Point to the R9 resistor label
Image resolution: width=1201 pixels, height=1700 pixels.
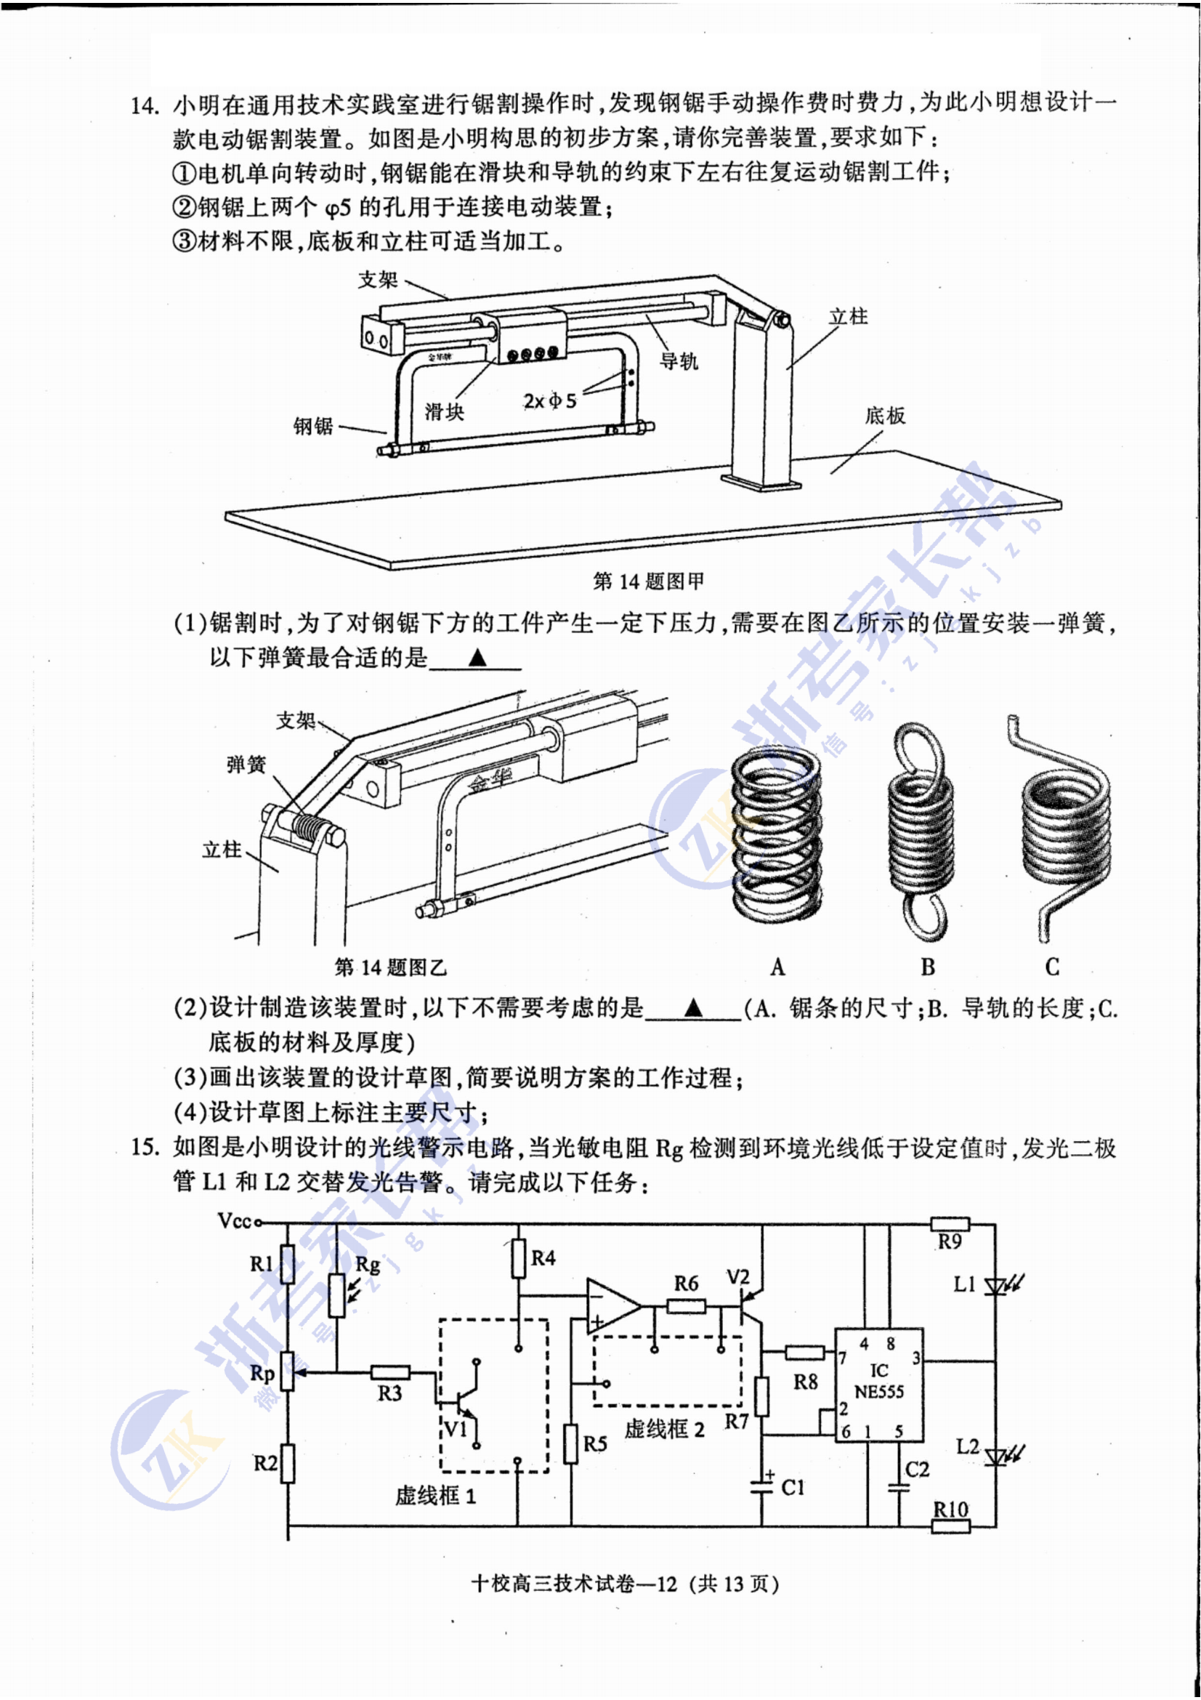(950, 1241)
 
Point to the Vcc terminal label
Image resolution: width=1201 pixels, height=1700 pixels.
(235, 1221)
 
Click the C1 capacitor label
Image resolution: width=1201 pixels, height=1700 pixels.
(793, 1487)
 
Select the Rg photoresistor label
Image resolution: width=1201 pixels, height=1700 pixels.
(368, 1263)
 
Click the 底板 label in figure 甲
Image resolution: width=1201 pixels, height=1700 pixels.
(885, 416)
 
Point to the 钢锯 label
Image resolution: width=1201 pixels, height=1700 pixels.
(313, 426)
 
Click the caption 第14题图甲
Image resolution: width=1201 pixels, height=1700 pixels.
(648, 581)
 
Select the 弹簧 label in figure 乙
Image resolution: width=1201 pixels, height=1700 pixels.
(246, 764)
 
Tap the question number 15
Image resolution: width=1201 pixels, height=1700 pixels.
(145, 1148)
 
